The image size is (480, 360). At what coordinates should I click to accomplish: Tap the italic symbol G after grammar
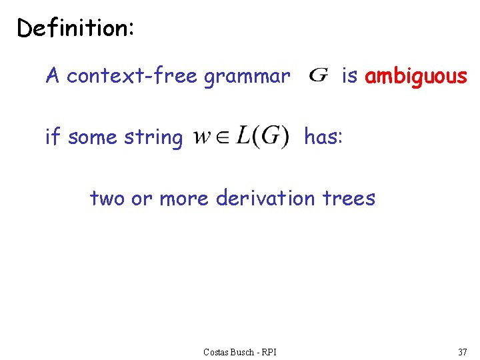[319, 75]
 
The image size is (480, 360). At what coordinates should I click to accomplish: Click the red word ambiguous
[416, 77]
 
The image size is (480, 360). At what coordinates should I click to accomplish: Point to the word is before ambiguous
[349, 76]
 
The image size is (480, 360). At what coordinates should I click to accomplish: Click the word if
[52, 137]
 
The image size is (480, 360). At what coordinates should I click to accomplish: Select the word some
[92, 138]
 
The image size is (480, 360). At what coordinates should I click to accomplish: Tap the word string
[153, 138]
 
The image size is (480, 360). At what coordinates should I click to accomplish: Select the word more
[183, 198]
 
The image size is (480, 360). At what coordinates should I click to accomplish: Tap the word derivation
[265, 198]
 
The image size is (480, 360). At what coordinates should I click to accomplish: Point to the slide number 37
[462, 351]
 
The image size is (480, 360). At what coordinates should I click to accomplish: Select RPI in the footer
[269, 351]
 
